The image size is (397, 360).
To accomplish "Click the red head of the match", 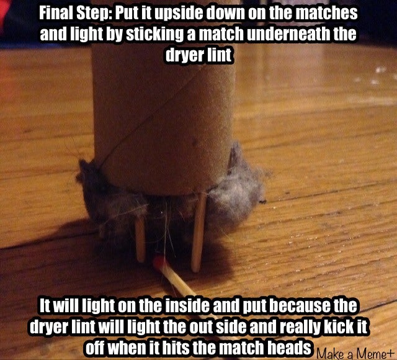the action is coord(159,263).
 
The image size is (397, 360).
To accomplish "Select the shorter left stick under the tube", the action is coord(140,238).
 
